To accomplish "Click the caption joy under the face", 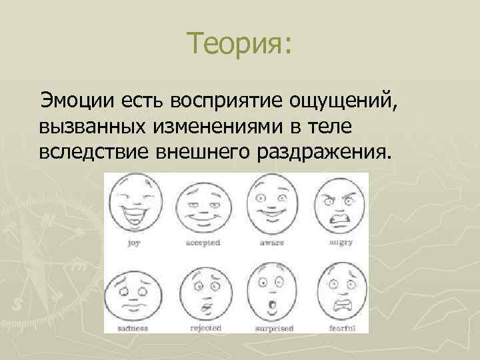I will tap(134, 244).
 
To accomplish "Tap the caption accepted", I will tap(202, 244).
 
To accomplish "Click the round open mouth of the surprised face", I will tap(271, 305).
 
